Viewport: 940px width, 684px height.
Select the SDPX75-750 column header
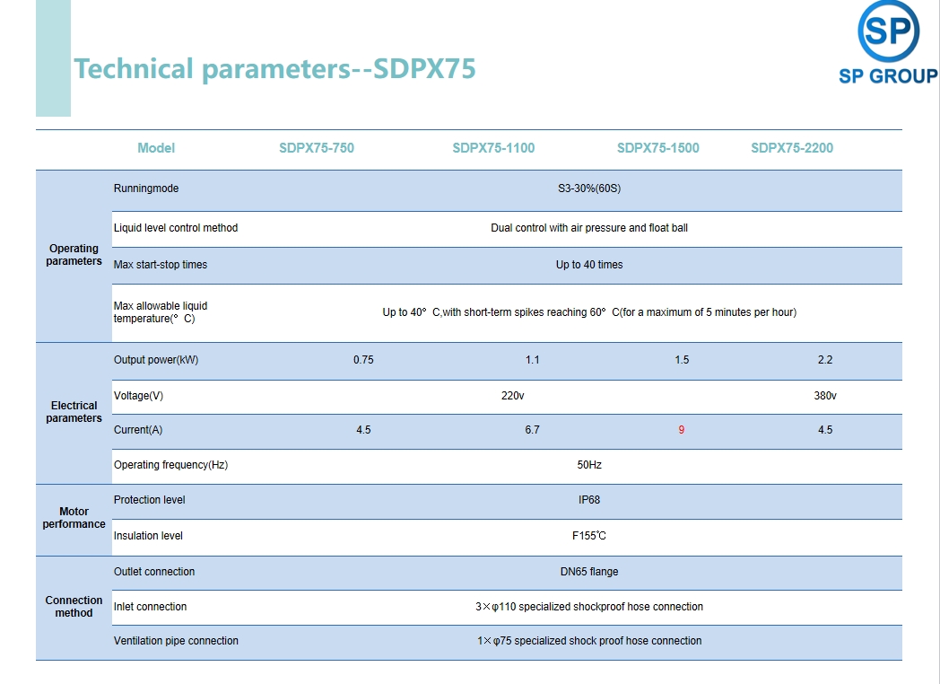tap(317, 148)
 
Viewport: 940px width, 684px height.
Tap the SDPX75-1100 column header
tap(493, 148)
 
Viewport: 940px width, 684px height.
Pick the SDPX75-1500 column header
tap(657, 148)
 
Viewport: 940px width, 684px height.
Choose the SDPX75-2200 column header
tap(792, 148)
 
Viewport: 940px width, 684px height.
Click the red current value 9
tap(681, 430)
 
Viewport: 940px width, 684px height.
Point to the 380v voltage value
tap(825, 396)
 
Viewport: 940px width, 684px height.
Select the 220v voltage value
tap(512, 396)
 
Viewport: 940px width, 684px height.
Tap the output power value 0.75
tap(363, 360)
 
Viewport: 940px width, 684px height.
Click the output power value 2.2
tap(825, 360)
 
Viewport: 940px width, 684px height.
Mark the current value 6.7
tap(533, 430)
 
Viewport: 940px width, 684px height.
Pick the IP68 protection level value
tap(589, 500)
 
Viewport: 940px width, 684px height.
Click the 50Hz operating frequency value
tap(589, 465)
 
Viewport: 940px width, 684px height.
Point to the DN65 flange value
tap(589, 572)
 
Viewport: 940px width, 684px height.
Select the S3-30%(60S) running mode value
tap(589, 189)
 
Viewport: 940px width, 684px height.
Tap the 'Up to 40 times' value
tap(589, 265)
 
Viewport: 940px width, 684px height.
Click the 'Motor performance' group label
tap(74, 518)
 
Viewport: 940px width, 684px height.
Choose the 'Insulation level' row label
tap(148, 536)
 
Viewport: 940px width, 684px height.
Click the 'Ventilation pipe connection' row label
tap(176, 641)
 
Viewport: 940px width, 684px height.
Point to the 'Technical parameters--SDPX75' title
tap(274, 68)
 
